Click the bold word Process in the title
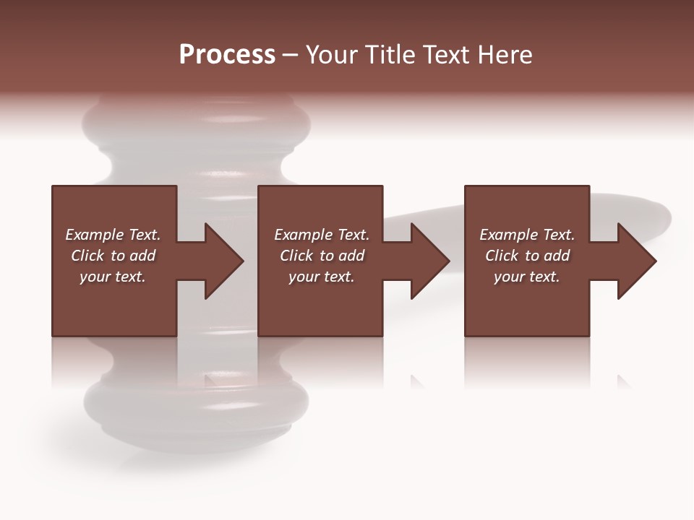pos(227,54)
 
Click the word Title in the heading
pos(390,54)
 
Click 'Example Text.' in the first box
pos(113,235)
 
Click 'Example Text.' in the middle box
pos(322,235)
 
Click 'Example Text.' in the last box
pos(527,235)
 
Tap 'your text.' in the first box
pos(113,277)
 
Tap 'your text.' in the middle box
pos(322,277)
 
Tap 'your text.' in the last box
pos(527,277)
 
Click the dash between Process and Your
pos(291,55)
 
